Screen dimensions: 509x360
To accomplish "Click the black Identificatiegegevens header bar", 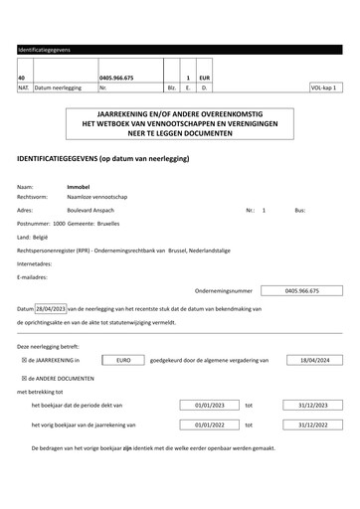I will [x=179, y=49].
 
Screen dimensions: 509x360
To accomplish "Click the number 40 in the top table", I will [x=22, y=78].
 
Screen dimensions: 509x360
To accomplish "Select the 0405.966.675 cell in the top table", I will [x=117, y=78].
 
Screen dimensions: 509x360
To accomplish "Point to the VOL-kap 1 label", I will [x=323, y=88].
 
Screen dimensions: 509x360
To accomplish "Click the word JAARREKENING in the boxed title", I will [x=119, y=117].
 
